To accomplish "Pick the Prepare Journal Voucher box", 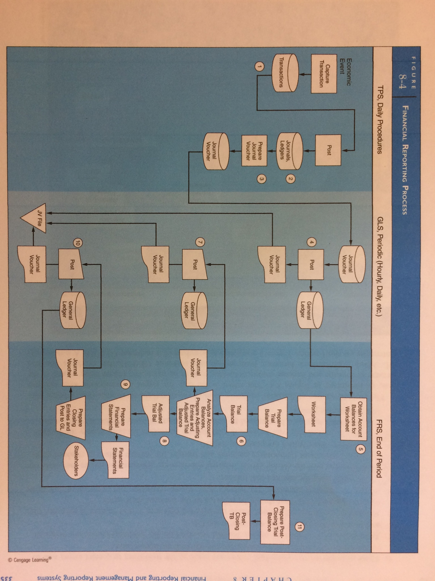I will tap(254, 151).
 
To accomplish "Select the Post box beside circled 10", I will tap(71, 264).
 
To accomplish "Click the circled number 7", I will tap(200, 243).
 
